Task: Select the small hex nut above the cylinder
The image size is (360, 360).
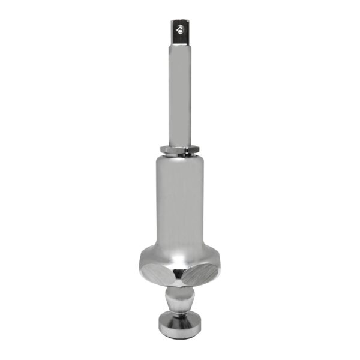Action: pos(180,148)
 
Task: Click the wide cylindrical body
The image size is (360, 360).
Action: pos(180,198)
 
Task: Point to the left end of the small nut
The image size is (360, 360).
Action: pos(161,148)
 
